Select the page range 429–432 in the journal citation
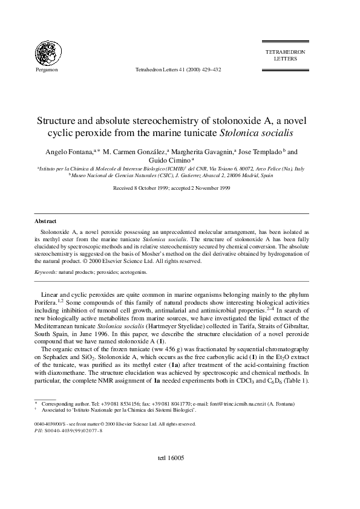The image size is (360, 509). coord(210,70)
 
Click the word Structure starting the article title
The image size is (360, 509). coord(62,120)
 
